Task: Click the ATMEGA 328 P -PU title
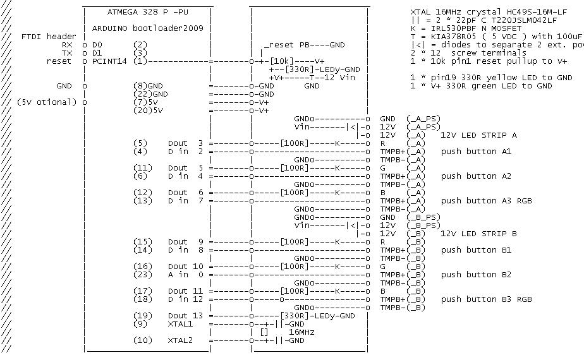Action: [147, 12]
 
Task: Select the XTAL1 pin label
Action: [179, 323]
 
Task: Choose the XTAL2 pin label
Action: [179, 340]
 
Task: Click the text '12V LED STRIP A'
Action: [479, 135]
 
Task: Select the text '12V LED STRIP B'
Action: [479, 234]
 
